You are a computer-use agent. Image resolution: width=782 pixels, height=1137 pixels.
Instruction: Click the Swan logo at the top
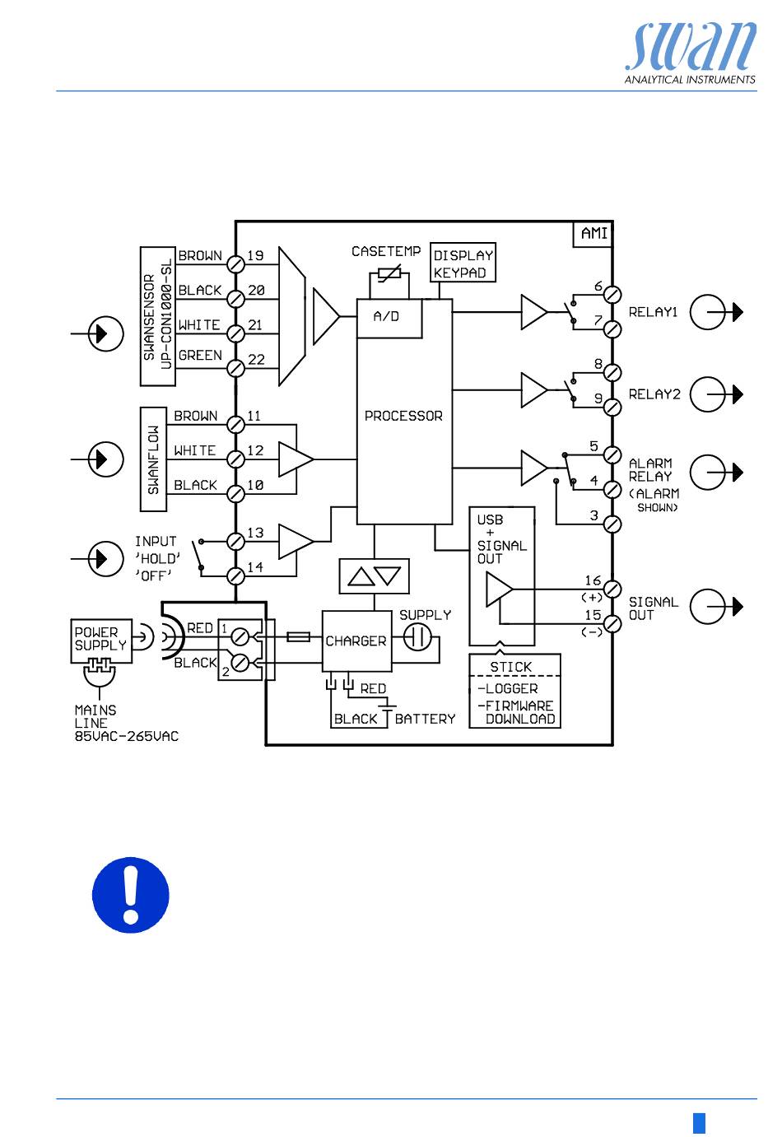[690, 54]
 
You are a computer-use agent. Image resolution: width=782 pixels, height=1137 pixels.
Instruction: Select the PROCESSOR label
[403, 416]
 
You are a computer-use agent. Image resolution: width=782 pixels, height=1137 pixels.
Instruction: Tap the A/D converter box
[389, 319]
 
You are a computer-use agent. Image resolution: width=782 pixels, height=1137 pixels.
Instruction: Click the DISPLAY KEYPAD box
[463, 263]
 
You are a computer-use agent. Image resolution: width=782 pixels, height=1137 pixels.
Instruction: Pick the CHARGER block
[356, 641]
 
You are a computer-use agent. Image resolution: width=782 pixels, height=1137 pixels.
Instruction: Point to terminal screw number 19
[235, 264]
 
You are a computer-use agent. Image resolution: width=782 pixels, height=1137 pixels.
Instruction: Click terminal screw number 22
[235, 368]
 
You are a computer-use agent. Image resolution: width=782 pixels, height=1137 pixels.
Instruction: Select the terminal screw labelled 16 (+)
[612, 589]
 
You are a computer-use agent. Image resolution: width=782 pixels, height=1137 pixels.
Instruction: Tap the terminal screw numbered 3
[612, 524]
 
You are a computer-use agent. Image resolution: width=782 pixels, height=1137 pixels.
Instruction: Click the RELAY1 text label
[653, 312]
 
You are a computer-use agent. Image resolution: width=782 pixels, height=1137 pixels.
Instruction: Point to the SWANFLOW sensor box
[153, 459]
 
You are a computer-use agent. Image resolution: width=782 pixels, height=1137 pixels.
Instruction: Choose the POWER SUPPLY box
[101, 641]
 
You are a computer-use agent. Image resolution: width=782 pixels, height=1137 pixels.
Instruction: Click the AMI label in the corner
[593, 234]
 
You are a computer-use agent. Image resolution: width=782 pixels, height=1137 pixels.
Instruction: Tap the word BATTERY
[425, 719]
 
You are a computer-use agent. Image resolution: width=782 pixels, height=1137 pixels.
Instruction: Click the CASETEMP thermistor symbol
[389, 274]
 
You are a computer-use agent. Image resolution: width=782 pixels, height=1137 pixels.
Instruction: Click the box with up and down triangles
[374, 576]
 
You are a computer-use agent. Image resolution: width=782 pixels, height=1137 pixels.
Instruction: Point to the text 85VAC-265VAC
[127, 736]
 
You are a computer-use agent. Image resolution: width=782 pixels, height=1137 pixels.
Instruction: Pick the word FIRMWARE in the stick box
[519, 706]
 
